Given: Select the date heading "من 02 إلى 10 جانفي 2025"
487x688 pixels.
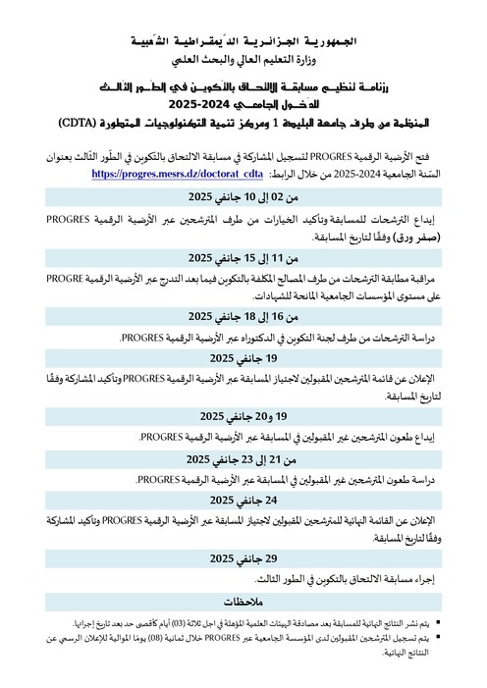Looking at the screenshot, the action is pyautogui.click(x=243, y=197).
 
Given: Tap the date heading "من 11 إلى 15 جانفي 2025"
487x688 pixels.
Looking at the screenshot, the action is pyautogui.click(x=243, y=258).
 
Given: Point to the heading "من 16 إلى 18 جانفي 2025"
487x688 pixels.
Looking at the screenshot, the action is pyautogui.click(x=243, y=316).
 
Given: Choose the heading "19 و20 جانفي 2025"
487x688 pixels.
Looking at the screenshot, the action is pyautogui.click(x=243, y=416).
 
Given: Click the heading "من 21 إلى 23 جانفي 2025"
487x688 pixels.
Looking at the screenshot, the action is pyautogui.click(x=243, y=459).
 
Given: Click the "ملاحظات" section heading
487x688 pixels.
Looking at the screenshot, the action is pyautogui.click(x=243, y=600).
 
